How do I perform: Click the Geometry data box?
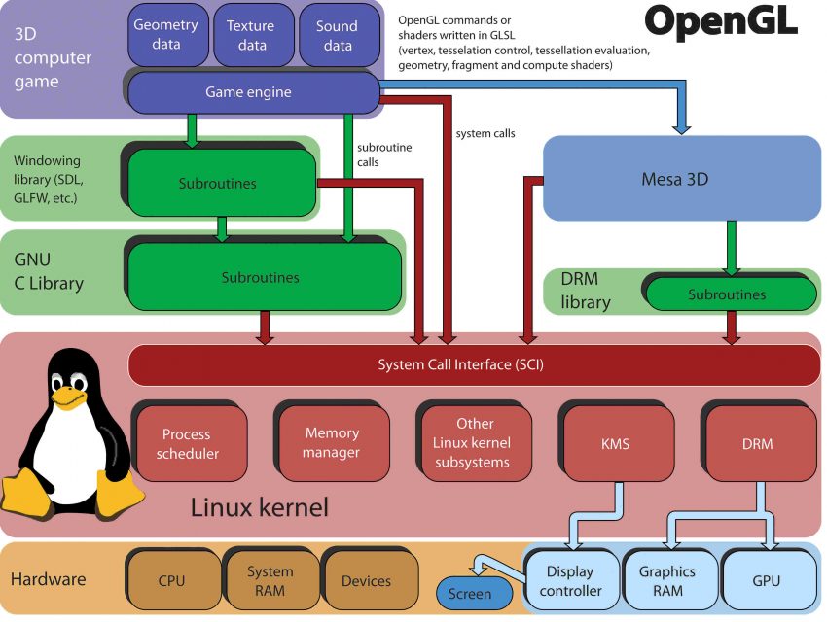pos(165,35)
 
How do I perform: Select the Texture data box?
pos(252,35)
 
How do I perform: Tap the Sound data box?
pos(337,35)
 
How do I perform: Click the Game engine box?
pos(249,93)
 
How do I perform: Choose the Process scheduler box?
pos(186,443)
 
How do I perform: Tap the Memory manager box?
pos(332,442)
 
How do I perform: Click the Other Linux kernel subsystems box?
pos(475,442)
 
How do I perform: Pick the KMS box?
pos(616,444)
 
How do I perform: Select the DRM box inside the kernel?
pos(757,444)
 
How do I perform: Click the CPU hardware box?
pos(171,581)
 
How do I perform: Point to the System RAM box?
pos(270,580)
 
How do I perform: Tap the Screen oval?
pos(470,593)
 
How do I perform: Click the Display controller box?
pos(570,581)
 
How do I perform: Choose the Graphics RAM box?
pos(666,580)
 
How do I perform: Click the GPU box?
pos(767,580)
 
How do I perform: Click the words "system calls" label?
pos(485,133)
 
